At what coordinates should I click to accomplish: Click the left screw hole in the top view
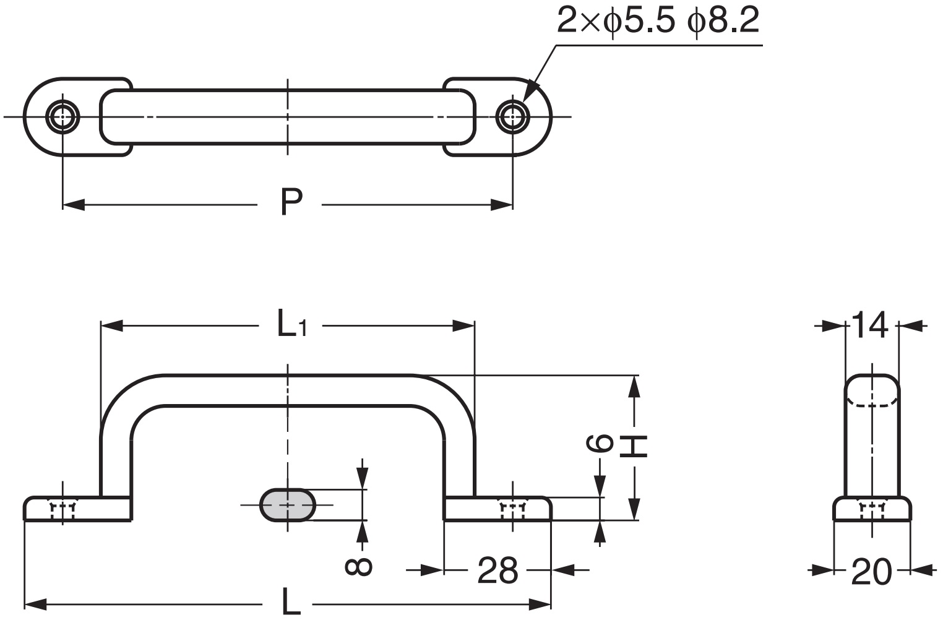pos(63,116)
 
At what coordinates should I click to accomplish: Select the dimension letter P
pos(291,202)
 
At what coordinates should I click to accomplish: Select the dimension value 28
pos(497,570)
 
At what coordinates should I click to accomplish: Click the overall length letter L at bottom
pos(291,601)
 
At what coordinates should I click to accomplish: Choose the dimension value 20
pos(871,572)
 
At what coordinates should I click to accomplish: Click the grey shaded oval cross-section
pos(287,505)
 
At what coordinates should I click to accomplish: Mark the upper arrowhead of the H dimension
pos(634,387)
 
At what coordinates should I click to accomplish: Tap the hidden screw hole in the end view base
pos(872,510)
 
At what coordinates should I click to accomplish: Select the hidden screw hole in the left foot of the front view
pos(62,510)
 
